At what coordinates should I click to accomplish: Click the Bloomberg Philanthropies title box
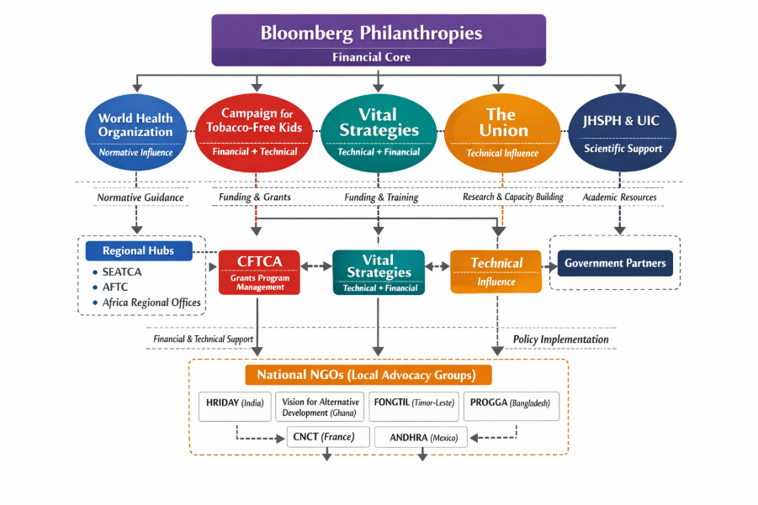click(x=379, y=40)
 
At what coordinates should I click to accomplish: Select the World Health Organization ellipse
click(x=135, y=132)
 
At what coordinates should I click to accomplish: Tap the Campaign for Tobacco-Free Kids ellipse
click(x=254, y=133)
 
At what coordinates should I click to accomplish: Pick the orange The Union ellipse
click(x=502, y=133)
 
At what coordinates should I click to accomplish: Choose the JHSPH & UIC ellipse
click(x=622, y=132)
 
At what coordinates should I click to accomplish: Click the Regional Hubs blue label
click(x=139, y=251)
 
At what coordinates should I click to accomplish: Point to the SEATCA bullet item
click(x=117, y=272)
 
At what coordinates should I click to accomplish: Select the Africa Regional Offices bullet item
click(x=146, y=302)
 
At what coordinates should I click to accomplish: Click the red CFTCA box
click(x=259, y=272)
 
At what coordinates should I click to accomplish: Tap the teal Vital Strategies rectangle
click(x=379, y=272)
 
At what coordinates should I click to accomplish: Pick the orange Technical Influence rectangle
click(x=496, y=271)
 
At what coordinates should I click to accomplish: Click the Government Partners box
click(x=615, y=263)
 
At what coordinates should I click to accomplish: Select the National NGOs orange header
click(x=368, y=375)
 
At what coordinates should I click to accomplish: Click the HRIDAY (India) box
click(x=235, y=407)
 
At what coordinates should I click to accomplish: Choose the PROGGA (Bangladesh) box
click(x=511, y=407)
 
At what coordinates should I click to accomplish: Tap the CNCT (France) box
click(x=328, y=437)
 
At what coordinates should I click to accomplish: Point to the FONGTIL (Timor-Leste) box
click(x=414, y=407)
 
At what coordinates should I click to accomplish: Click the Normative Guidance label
click(x=140, y=197)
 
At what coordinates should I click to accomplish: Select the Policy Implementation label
click(x=561, y=339)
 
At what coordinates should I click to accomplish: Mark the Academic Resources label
click(x=619, y=197)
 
